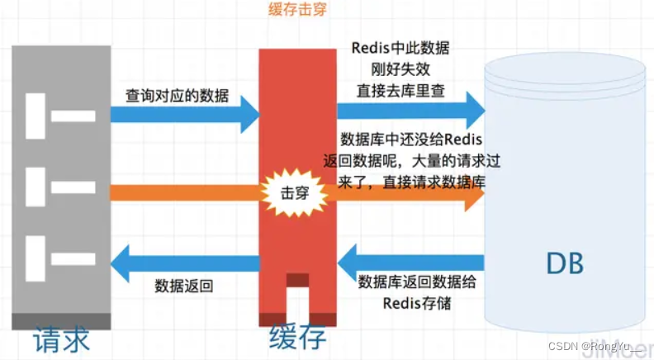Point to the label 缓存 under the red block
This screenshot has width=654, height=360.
pyautogui.click(x=298, y=339)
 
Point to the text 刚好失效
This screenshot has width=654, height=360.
pyautogui.click(x=401, y=69)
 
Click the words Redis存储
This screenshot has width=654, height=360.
pyautogui.click(x=418, y=302)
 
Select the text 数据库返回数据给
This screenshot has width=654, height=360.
pyautogui.click(x=417, y=282)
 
